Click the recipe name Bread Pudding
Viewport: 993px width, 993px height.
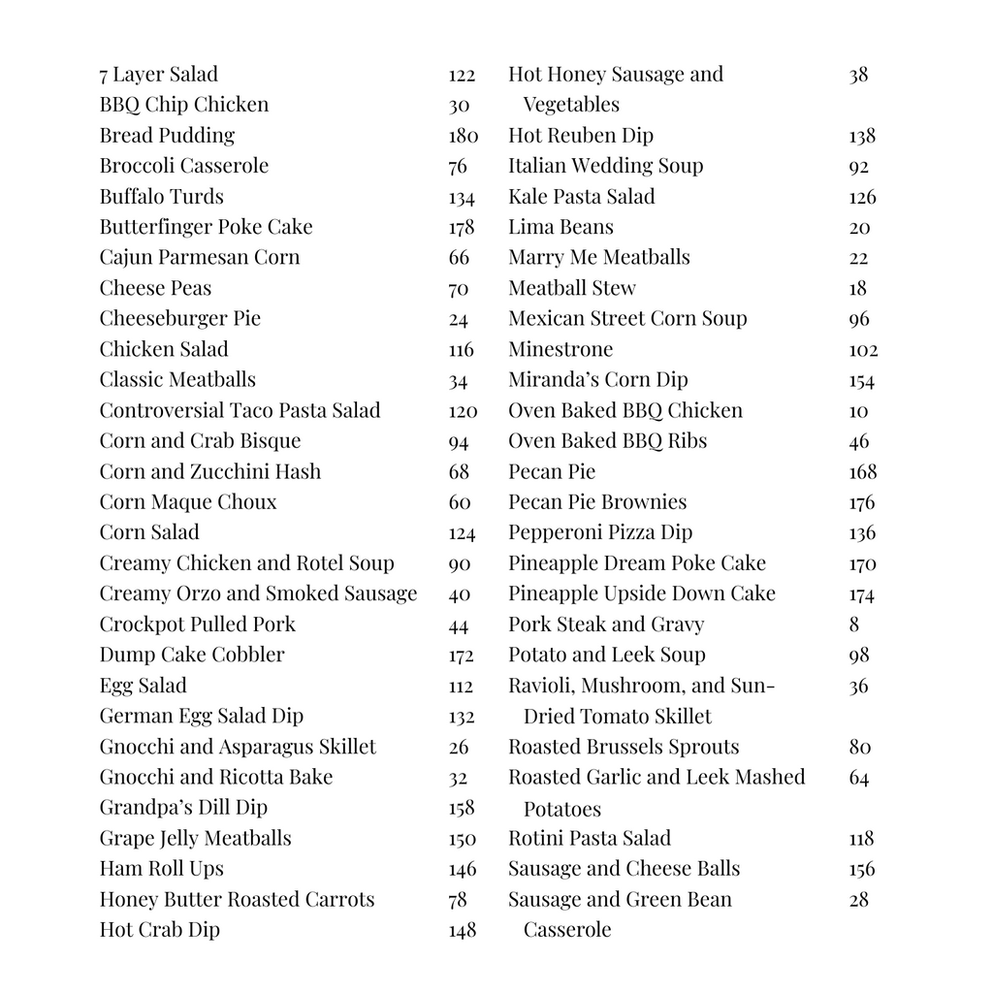pos(167,135)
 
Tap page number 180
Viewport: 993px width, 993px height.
pos(464,136)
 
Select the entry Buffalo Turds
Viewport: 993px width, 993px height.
pos(161,196)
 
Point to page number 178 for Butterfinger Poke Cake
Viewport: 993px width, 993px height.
pos(462,227)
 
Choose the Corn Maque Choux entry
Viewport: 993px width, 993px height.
pos(187,501)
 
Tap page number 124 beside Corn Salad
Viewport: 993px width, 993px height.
pos(462,533)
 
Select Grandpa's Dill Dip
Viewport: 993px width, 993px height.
pos(183,807)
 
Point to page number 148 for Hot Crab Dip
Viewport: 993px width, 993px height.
pos(463,930)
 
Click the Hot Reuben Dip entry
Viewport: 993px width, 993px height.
pos(581,136)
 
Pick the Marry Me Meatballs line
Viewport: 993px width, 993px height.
pos(598,257)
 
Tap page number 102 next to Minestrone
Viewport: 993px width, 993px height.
pos(863,350)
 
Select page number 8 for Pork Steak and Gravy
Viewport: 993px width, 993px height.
pos(853,625)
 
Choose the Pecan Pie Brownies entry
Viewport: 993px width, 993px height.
pos(596,501)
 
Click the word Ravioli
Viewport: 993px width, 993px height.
pos(543,686)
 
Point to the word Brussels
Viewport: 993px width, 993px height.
pos(639,747)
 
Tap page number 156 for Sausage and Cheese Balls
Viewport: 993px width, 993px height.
pos(861,869)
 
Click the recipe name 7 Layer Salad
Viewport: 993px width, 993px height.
pos(158,75)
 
